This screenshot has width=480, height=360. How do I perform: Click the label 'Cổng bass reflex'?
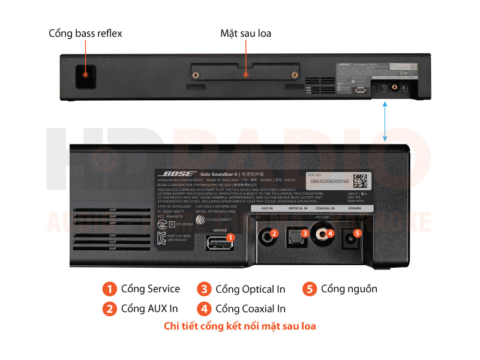[x=85, y=34]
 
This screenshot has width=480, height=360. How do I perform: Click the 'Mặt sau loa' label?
[x=245, y=34]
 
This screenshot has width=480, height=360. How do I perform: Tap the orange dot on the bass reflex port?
[x=86, y=75]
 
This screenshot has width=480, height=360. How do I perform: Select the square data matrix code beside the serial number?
[x=360, y=179]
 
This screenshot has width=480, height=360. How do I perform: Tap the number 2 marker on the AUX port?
[x=274, y=233]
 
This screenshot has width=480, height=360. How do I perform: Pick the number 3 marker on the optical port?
[x=305, y=233]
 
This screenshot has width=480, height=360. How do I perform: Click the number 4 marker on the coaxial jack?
[x=331, y=233]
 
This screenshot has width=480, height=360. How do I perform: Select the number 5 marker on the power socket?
[x=358, y=233]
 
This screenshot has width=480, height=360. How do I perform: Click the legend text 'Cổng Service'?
[x=150, y=289]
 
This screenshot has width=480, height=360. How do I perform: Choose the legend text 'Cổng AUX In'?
[x=149, y=309]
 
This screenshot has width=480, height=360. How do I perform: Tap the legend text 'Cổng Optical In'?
[x=250, y=289]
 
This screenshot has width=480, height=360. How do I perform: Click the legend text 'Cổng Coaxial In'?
[x=250, y=309]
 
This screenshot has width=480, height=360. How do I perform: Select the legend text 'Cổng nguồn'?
[x=349, y=289]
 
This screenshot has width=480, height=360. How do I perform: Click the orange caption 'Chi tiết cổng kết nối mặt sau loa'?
[x=240, y=327]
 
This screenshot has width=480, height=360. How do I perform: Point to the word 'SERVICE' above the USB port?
[x=220, y=230]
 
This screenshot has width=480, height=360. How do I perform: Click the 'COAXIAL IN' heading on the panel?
[x=325, y=208]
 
